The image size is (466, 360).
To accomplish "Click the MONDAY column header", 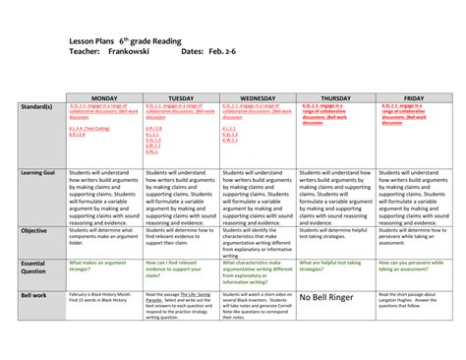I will coord(103,99).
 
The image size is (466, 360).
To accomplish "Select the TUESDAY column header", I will coord(181,99).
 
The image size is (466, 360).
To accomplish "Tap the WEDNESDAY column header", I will coord(258,99).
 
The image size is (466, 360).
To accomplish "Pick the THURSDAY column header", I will coord(333,99).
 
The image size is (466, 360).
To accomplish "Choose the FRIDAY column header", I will coord(413,99).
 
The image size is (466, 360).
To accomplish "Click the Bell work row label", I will coord(36,293).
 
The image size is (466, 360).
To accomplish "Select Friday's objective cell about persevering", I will coord(413,237).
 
